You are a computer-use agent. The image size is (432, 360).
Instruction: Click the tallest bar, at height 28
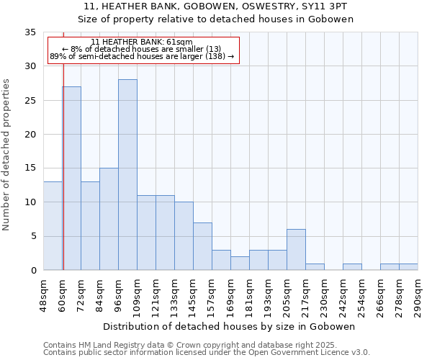click(x=127, y=175)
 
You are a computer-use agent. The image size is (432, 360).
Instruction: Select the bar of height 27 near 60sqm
click(x=71, y=179)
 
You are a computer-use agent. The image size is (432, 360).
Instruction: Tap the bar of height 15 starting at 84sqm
click(x=109, y=219)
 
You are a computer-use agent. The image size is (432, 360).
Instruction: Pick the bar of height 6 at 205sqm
click(x=296, y=250)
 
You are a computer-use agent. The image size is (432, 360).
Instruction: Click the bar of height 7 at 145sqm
click(x=202, y=246)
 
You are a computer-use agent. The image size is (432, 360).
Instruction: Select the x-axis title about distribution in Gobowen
click(x=229, y=326)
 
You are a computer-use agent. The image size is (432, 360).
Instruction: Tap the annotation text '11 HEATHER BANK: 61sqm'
click(x=142, y=42)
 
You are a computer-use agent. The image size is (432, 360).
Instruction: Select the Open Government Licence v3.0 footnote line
click(x=207, y=352)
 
